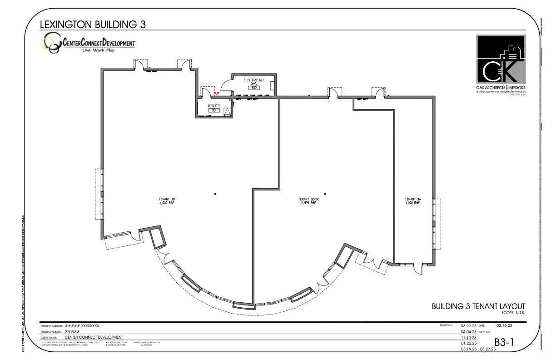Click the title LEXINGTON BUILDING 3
93,25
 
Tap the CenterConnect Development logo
89,45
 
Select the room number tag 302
253,87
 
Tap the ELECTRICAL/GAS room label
253,81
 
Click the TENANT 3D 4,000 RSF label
167,201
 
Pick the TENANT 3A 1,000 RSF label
413,201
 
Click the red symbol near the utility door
216,93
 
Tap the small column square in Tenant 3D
215,194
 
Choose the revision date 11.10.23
468,338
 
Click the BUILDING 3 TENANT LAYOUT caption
478,306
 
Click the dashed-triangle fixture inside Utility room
228,110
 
